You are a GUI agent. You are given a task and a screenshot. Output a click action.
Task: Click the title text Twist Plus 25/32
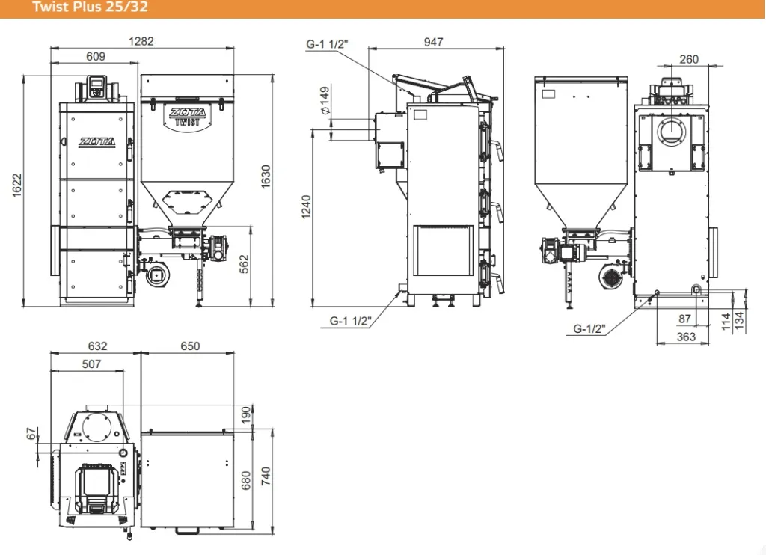pos(90,7)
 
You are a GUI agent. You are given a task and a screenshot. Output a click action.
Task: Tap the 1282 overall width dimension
pos(141,42)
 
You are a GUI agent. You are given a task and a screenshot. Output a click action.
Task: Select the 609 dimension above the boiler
pos(95,57)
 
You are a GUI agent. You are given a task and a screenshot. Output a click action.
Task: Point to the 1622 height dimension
pos(17,185)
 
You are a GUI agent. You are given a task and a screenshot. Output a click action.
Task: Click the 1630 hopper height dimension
pos(266,177)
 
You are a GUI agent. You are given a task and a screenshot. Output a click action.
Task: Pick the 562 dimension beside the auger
pos(245,264)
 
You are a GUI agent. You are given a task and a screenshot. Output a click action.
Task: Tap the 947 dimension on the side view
pos(433,42)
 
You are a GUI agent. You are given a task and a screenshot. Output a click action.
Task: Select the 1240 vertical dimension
pos(306,207)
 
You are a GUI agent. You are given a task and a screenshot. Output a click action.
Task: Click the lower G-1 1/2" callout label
pos(350,321)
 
